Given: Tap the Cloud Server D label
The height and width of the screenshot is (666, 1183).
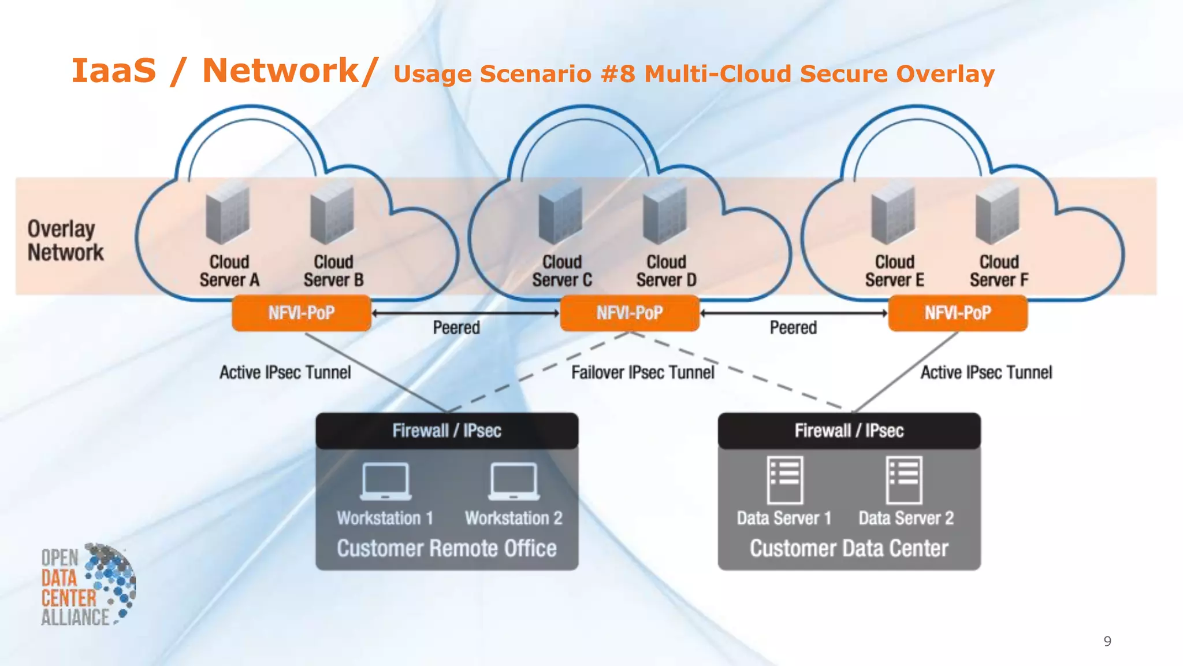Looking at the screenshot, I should [666, 271].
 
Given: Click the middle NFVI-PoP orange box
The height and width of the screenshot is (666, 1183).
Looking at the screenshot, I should [630, 313].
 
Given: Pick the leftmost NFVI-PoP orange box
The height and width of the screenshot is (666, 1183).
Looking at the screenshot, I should [302, 313].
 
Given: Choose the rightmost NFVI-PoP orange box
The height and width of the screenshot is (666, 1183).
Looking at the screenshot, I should [958, 313].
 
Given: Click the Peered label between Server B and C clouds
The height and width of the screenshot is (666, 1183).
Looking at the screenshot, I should [456, 328].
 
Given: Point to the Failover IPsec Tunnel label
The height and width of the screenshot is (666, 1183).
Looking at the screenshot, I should [642, 372].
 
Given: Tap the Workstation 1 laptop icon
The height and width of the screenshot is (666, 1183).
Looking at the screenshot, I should [385, 481].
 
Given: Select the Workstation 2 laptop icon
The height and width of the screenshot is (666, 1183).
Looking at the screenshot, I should [514, 481].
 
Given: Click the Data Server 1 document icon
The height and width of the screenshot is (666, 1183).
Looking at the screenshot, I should [784, 480].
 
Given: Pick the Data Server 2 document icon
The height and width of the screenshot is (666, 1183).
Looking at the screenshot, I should [904, 480].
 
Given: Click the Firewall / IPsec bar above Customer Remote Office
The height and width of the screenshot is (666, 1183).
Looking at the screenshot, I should [447, 431].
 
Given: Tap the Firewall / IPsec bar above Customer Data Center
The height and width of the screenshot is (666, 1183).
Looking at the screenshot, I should [849, 431].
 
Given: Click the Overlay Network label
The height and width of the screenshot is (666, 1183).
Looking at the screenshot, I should [65, 240].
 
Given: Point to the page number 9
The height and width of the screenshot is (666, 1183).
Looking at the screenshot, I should [1107, 641].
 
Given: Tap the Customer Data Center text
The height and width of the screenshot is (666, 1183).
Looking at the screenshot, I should [849, 548].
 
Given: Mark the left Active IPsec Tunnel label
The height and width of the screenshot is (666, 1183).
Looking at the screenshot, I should [285, 372].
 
